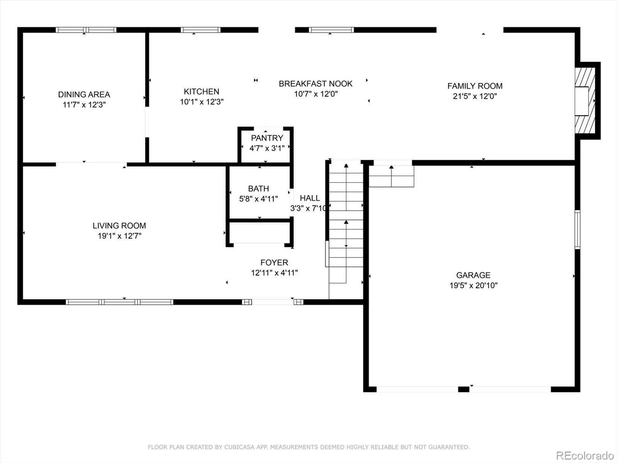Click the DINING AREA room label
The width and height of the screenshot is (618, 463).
[x=84, y=95]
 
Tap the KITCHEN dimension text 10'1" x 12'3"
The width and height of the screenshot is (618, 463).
[x=202, y=102]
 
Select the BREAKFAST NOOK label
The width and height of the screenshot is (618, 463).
[x=316, y=84]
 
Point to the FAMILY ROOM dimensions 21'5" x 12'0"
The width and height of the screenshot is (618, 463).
[x=475, y=96]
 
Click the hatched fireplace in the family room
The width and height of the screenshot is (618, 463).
[x=585, y=101]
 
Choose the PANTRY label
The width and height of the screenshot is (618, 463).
[x=267, y=138]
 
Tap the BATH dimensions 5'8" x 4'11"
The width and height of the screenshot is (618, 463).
[x=258, y=199]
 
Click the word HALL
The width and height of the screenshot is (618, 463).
[x=310, y=198]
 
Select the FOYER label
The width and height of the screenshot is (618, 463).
[x=274, y=263]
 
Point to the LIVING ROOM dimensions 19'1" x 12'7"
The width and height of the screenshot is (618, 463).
[x=119, y=236]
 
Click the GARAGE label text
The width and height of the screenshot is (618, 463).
[x=473, y=275]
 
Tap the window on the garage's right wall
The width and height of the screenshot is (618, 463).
[x=577, y=230]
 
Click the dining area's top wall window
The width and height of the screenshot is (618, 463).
[x=86, y=30]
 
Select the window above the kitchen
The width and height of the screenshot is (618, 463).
[x=200, y=30]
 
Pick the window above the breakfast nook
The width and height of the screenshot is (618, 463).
[x=331, y=30]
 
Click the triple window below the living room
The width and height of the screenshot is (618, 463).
[x=120, y=302]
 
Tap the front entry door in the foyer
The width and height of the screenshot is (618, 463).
[x=273, y=302]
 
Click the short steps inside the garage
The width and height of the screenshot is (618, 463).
[x=391, y=176]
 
